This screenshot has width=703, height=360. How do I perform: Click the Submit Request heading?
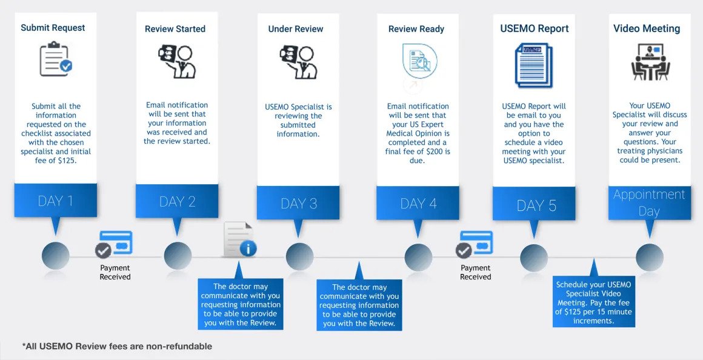53,28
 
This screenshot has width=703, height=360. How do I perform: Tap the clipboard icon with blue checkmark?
55,59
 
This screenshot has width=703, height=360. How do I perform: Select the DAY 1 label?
55,201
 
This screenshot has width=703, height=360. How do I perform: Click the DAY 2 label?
177,202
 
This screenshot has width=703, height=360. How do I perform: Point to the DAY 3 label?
298,204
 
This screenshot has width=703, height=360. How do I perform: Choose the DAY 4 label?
418,204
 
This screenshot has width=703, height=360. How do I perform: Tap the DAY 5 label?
536,205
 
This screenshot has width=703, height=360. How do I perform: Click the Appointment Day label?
649,203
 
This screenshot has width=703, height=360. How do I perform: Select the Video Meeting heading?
646,28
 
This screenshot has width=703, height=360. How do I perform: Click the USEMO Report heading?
534,28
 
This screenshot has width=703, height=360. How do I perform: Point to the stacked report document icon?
534,65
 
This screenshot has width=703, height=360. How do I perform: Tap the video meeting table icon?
650,62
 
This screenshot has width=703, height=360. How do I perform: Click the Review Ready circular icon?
419,62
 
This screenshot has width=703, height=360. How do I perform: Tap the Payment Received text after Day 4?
475,272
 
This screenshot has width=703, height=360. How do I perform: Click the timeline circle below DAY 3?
299,256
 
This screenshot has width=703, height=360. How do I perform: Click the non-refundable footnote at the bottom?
117,346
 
